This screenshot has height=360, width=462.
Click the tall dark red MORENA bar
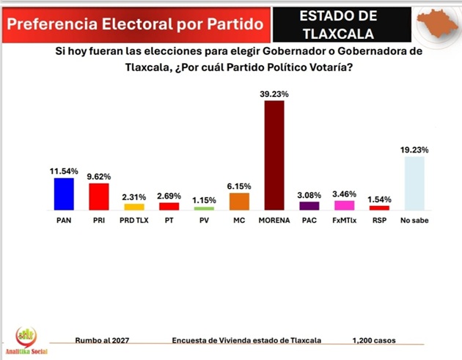[x=274, y=155]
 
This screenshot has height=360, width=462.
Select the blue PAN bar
[x=64, y=194]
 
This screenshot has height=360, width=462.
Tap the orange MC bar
[x=239, y=202]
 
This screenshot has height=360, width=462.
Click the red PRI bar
[x=99, y=196]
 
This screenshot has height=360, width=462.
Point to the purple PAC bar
[x=309, y=206]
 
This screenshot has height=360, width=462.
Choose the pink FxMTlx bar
[x=344, y=205]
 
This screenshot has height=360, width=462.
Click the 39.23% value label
[x=274, y=94]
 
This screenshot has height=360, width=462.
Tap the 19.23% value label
[x=414, y=150]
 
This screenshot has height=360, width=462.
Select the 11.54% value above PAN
[x=64, y=171]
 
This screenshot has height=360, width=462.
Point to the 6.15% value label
[x=239, y=186]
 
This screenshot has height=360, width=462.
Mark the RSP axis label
[x=378, y=219]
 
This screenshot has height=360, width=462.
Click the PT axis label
[x=169, y=219]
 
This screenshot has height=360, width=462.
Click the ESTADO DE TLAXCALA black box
[x=340, y=24]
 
